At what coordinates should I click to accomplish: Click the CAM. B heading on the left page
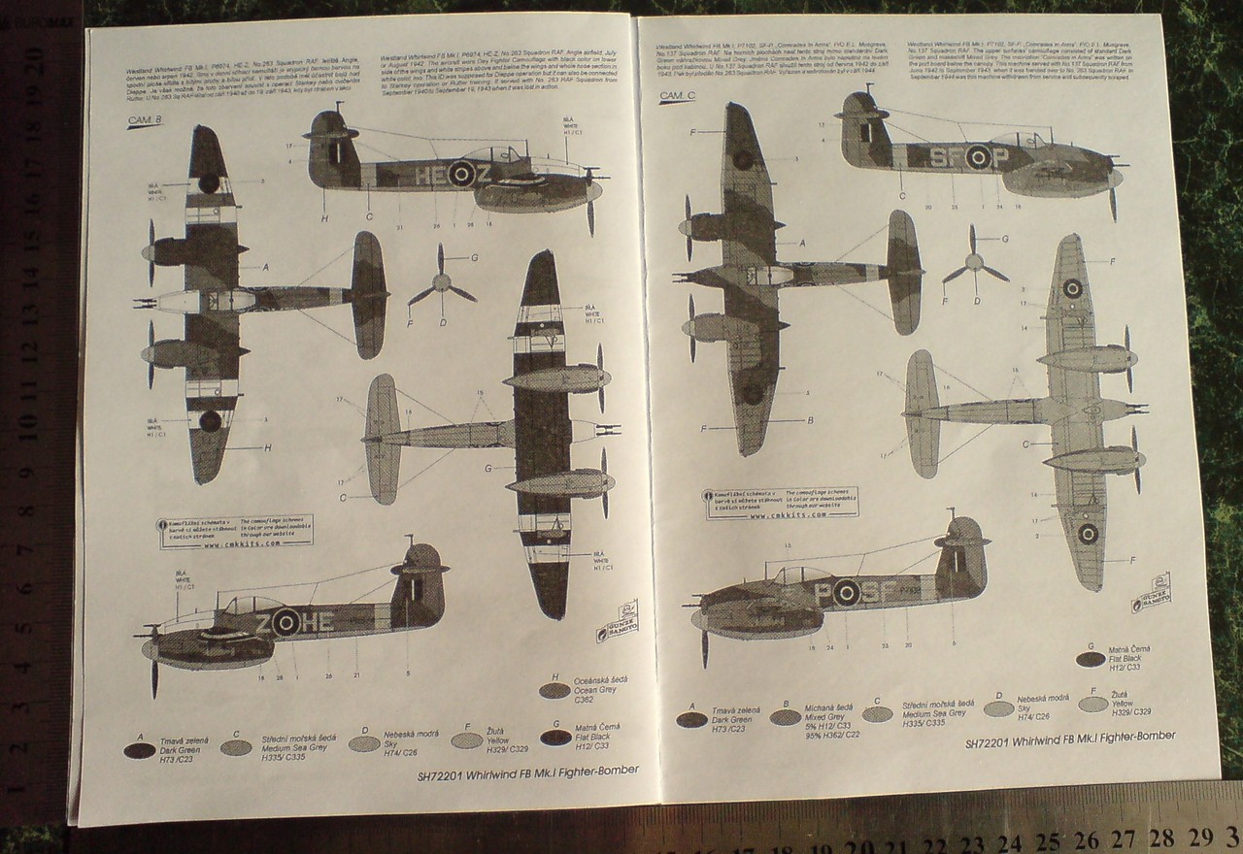coord(145,120)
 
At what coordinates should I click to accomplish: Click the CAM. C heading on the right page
coord(678,96)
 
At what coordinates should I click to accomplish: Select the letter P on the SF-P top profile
coord(1002,156)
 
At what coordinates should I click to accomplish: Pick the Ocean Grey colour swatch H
coord(554,690)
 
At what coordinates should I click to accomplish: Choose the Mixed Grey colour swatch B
coord(785,717)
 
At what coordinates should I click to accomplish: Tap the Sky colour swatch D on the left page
coord(364,742)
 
